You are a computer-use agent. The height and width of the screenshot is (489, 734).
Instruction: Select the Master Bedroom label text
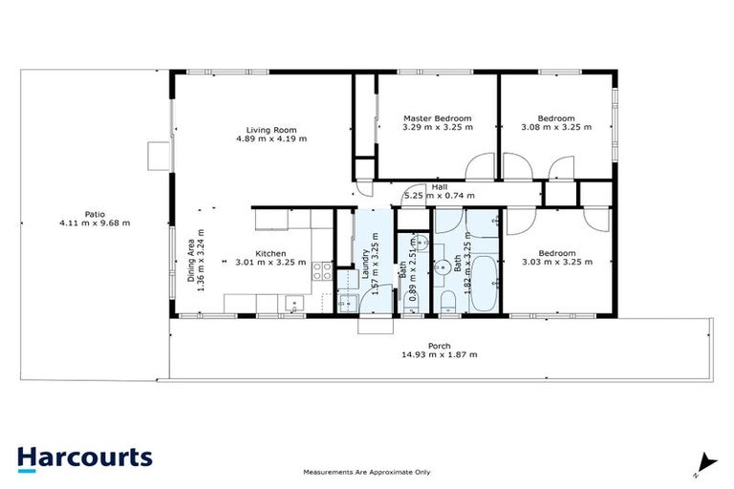coord(437,118)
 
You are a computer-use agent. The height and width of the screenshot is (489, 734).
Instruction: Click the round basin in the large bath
coord(445,266)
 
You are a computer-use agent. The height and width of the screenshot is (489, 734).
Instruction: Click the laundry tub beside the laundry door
coord(346,304)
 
